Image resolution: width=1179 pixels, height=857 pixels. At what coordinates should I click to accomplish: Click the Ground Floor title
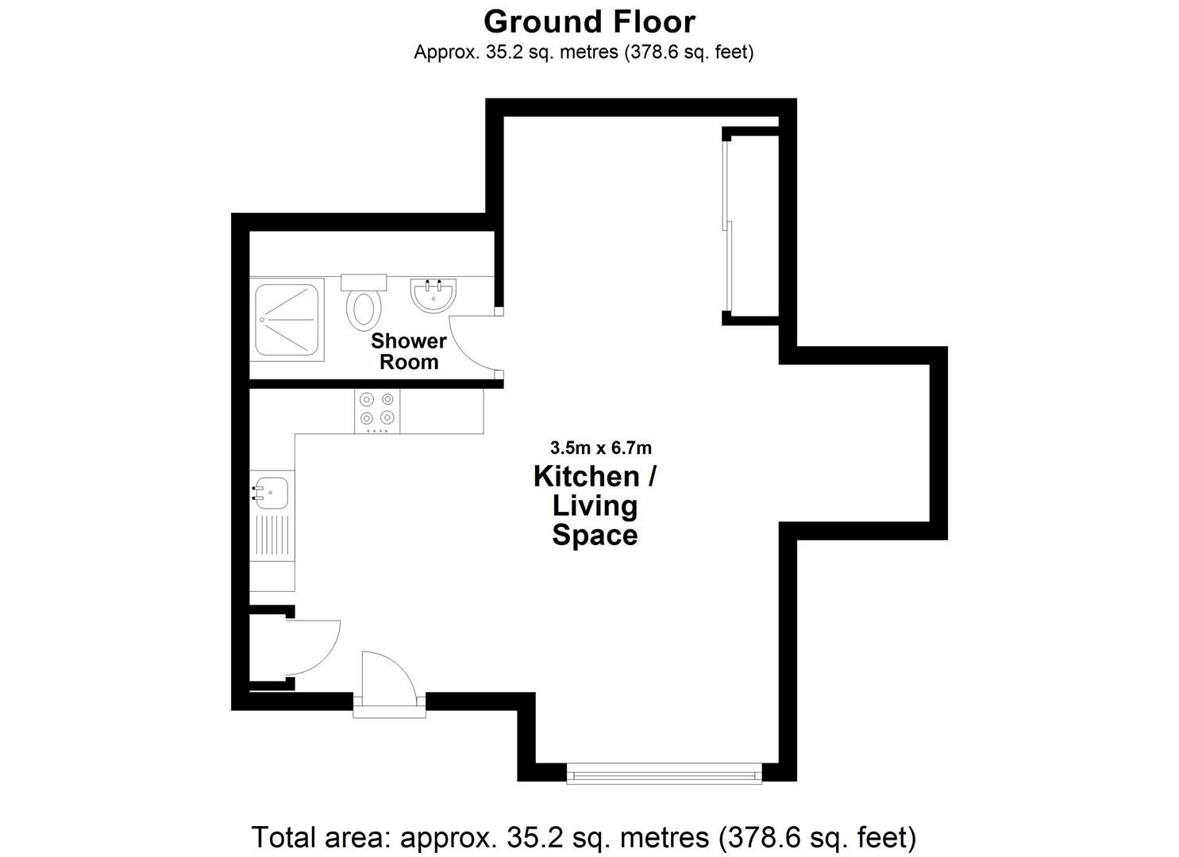coord(589,22)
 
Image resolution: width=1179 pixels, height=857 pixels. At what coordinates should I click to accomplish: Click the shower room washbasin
coord(433,295)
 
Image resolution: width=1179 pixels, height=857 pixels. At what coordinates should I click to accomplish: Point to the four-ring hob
coord(377,411)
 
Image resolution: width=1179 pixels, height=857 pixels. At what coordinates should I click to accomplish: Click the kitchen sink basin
coord(270,493)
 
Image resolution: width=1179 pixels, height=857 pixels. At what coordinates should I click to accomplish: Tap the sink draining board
coord(272,537)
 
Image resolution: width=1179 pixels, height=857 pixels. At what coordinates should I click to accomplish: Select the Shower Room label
coord(409,352)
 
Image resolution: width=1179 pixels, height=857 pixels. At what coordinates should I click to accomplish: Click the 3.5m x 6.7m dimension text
coord(600,448)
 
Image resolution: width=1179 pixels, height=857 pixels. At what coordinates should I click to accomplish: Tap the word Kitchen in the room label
coord(587,476)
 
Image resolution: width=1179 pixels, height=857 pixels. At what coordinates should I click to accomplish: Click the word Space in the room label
coord(595,535)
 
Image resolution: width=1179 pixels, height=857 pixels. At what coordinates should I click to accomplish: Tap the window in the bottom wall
coord(665,774)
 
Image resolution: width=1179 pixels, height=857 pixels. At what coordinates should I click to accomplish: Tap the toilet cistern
coord(364,282)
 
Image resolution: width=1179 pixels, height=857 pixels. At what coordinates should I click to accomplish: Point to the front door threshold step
coord(389,711)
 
